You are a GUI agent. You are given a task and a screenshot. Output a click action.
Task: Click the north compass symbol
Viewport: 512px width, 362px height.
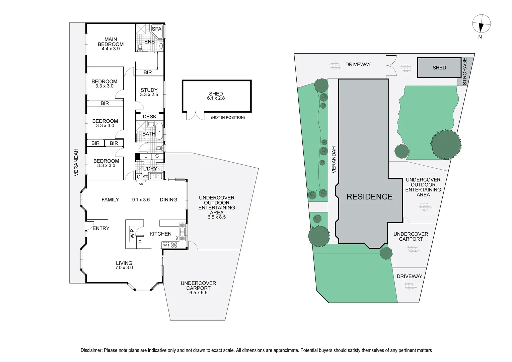click(x=481, y=24)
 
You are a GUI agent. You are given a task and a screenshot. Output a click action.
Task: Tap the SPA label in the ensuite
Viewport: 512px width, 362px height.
click(x=156, y=29)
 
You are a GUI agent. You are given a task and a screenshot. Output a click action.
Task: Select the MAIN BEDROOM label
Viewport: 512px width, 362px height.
click(x=111, y=42)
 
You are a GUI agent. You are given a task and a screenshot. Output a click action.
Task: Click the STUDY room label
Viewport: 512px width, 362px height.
click(x=149, y=90)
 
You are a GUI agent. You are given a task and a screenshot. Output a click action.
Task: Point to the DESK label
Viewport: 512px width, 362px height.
click(x=149, y=117)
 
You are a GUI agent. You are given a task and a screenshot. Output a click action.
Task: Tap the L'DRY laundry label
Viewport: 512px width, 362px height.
click(x=150, y=169)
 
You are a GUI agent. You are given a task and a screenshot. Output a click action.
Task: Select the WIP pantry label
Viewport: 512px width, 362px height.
click(x=132, y=234)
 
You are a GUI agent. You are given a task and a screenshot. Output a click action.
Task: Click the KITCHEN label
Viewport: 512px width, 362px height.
click(x=160, y=234)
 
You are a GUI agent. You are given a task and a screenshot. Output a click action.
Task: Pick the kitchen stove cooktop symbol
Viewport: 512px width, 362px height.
click(x=174, y=245)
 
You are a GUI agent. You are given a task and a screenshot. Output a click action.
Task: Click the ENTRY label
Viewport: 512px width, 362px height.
click(x=101, y=228)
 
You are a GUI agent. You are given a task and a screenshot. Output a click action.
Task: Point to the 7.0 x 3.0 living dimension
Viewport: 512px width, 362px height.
click(x=124, y=268)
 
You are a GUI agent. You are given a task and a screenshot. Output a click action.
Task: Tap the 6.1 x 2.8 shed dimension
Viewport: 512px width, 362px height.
click(x=216, y=98)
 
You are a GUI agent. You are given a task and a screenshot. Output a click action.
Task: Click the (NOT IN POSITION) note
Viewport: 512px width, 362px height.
click(x=228, y=118)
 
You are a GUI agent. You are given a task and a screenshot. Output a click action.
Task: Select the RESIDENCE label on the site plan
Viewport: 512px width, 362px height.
click(x=369, y=197)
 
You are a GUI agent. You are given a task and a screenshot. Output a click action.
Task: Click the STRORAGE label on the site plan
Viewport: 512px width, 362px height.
click(x=464, y=71)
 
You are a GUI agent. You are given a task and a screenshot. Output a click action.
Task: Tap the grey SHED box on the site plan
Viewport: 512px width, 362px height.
click(x=439, y=68)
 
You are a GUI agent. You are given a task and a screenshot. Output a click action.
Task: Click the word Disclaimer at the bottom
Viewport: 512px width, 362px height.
click(x=91, y=350)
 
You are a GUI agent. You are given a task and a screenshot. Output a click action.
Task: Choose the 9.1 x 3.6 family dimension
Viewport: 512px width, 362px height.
click(x=141, y=200)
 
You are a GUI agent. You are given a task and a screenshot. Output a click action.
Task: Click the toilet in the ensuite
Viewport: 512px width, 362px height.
click(x=140, y=48)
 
